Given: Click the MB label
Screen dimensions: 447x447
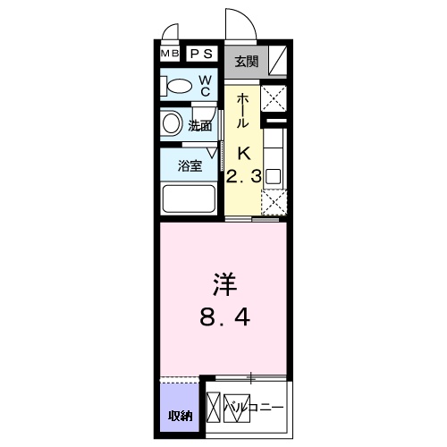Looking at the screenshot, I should coord(170,54).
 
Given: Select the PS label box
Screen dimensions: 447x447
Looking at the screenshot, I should coord(201,54).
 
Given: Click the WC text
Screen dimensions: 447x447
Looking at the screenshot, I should coord(204,86).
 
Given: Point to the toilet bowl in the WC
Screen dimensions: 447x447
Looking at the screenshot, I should coord(179,87).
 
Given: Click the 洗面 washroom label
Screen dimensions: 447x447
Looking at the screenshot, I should coord(200,126).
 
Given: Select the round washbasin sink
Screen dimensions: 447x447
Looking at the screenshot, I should coord(172,123).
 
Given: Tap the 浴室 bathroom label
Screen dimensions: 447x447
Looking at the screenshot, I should coord(188,165).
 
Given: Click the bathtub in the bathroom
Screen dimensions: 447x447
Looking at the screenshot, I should coord(188,198).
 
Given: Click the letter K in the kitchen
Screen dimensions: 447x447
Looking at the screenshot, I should coord(243,151).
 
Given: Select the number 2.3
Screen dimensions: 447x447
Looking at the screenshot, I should coord(243,176).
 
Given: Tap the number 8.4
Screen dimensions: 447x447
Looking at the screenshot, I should coord(223,316).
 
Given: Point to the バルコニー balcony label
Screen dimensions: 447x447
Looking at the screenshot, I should coord(255,409).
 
